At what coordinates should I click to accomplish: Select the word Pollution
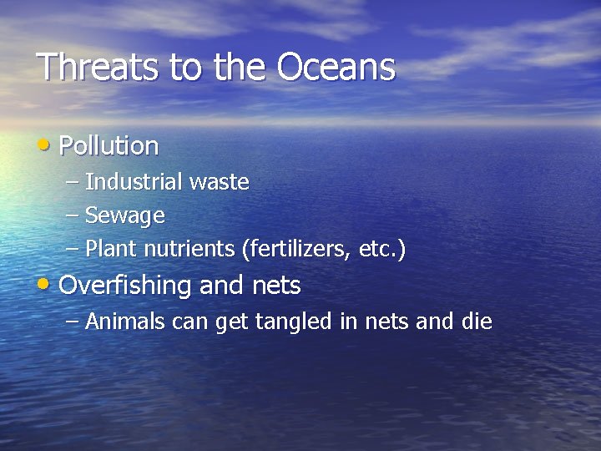tap(109, 146)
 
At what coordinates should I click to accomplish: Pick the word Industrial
tap(134, 182)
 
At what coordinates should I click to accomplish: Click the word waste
tap(220, 182)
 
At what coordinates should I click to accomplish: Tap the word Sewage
tap(124, 216)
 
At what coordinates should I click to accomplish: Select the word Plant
tap(111, 250)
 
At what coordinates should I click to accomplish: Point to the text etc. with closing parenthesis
tap(382, 250)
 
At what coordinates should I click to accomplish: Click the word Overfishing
tap(125, 286)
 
